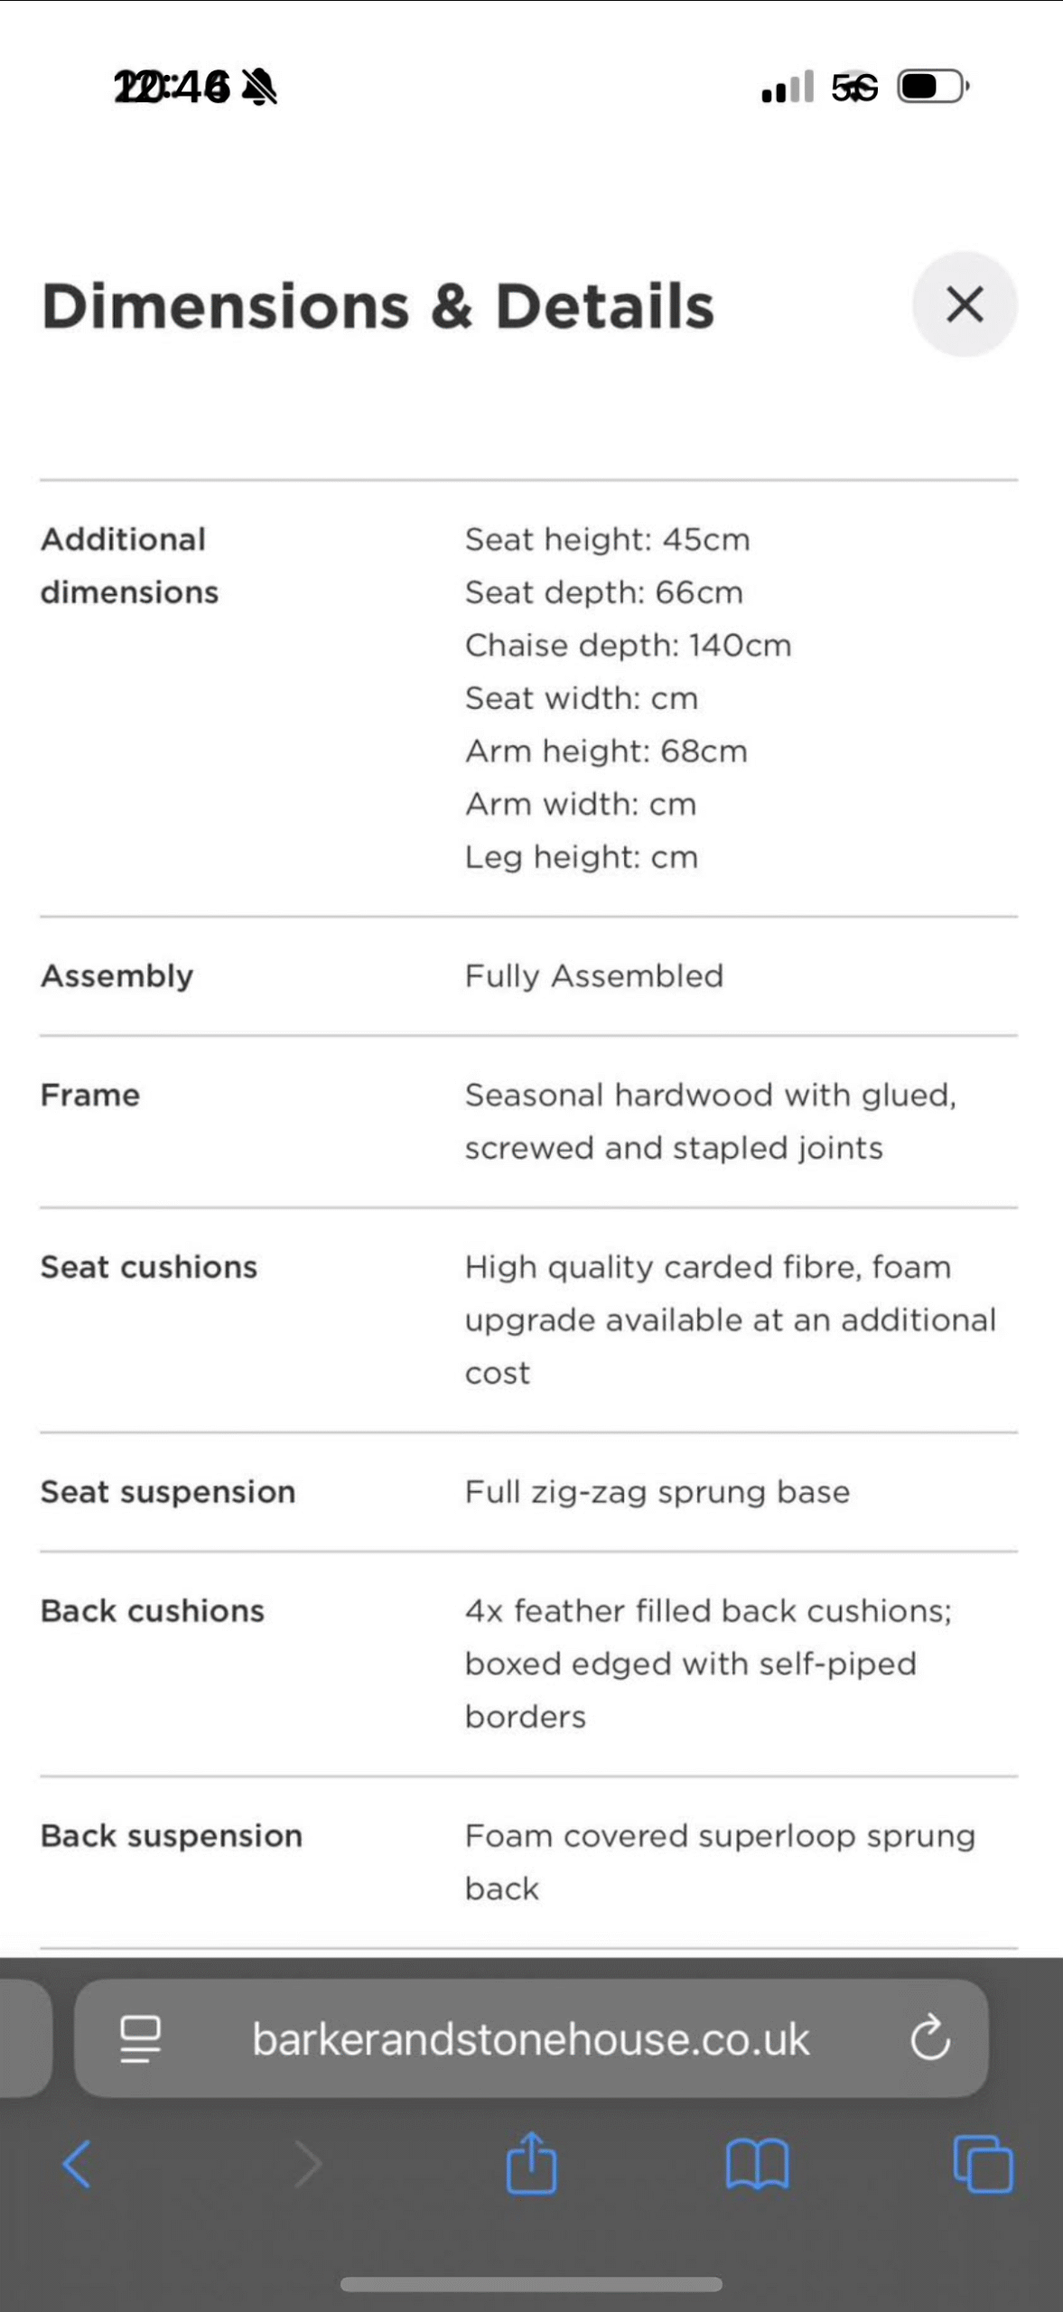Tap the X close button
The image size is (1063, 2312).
(x=965, y=304)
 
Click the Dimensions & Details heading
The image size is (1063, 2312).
(x=378, y=306)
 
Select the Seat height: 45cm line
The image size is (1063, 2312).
(x=607, y=539)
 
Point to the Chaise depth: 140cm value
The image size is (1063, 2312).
(x=628, y=646)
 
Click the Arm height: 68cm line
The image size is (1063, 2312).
(x=606, y=751)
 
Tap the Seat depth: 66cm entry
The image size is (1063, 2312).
(x=603, y=592)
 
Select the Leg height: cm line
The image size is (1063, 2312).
(x=582, y=857)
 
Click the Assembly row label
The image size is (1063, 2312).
(x=117, y=976)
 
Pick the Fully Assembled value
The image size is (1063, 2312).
(x=593, y=976)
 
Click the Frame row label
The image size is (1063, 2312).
(x=90, y=1095)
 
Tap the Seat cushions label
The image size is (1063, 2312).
(x=149, y=1267)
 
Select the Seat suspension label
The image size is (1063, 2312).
(x=168, y=1492)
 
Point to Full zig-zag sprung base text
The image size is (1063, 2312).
(x=657, y=1492)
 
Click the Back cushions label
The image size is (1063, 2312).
(x=153, y=1611)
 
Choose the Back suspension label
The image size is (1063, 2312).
(x=172, y=1836)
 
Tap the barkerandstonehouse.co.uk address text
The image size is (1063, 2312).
(x=530, y=2039)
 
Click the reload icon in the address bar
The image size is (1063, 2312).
(x=929, y=2038)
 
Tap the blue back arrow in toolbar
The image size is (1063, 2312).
(x=77, y=2164)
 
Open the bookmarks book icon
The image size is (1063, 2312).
(x=757, y=2164)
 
